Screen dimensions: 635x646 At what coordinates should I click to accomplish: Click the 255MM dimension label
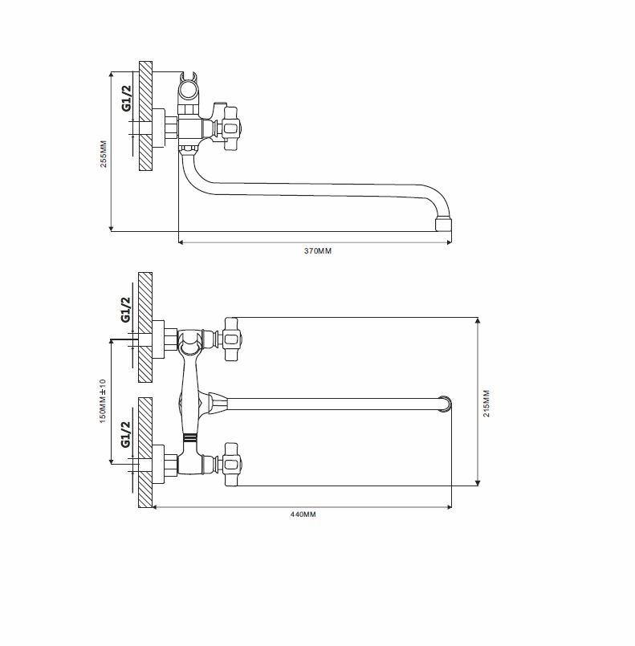click(x=104, y=154)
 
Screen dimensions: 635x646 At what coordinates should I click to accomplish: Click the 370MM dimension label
click(x=318, y=251)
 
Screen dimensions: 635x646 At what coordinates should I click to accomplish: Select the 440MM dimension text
click(x=303, y=514)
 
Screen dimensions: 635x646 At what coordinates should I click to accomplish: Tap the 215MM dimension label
click(x=486, y=404)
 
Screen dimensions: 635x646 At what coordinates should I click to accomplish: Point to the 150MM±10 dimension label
click(x=103, y=401)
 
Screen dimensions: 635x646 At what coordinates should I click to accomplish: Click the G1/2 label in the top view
click(x=127, y=98)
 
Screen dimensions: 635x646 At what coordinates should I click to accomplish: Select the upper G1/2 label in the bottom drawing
click(x=126, y=310)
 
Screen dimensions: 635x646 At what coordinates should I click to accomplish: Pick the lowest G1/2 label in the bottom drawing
click(x=126, y=434)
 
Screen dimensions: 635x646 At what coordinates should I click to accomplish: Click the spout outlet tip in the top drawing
click(x=443, y=225)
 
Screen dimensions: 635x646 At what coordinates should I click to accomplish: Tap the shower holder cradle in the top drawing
click(x=189, y=87)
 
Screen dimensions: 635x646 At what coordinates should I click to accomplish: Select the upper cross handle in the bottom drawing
click(x=230, y=339)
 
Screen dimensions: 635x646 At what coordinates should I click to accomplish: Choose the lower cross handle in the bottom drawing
click(x=230, y=465)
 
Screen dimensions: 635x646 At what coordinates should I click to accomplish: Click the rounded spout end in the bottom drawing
click(x=446, y=404)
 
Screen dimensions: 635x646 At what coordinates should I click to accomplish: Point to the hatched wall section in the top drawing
click(x=145, y=116)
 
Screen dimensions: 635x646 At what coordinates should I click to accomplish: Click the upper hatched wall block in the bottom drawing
click(x=145, y=327)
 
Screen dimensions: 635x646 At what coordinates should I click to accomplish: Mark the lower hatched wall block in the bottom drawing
click(x=145, y=453)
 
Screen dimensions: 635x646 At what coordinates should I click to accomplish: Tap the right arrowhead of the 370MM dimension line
click(x=450, y=242)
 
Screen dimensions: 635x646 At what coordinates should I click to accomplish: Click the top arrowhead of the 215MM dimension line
click(x=478, y=320)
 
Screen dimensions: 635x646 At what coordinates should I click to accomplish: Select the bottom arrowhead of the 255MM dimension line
click(x=111, y=228)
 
